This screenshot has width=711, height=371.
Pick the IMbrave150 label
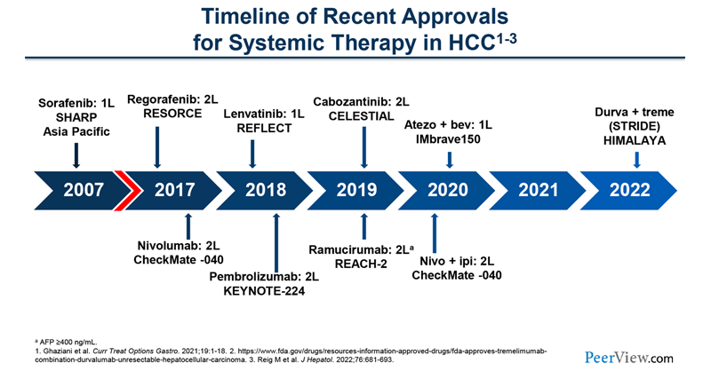449,138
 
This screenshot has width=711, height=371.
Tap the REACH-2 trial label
363,264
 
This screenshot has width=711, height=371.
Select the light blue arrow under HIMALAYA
636,159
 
